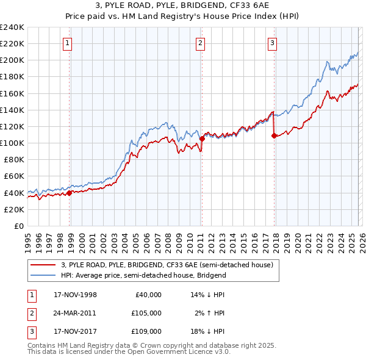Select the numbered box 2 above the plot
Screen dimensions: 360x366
click(201, 43)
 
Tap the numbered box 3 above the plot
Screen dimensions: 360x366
click(272, 43)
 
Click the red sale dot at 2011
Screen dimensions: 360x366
click(202, 139)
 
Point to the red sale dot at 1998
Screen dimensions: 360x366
click(69, 193)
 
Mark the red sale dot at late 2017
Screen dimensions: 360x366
click(274, 135)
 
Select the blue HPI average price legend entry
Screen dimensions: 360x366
click(143, 275)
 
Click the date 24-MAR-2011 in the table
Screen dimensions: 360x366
click(75, 313)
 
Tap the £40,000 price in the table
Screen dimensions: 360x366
click(148, 294)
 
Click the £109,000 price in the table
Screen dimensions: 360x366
click(146, 331)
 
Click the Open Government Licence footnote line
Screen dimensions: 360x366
click(129, 352)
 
